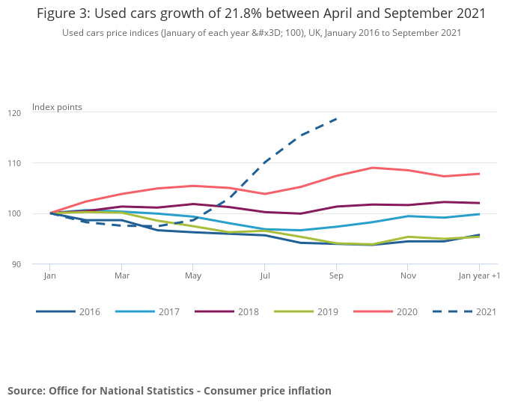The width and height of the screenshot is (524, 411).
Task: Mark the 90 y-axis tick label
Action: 37,264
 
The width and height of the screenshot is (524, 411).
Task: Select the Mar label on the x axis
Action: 121,276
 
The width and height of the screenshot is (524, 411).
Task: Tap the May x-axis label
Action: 192,276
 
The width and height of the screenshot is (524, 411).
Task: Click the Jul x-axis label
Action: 264,276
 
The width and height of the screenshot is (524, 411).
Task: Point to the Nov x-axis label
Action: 407,276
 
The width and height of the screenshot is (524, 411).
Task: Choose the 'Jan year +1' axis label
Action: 479,276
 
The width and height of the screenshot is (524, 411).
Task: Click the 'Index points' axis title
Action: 57,107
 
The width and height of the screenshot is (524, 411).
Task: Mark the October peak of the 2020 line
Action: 372,168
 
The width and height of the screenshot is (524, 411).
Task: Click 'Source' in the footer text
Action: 26,391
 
